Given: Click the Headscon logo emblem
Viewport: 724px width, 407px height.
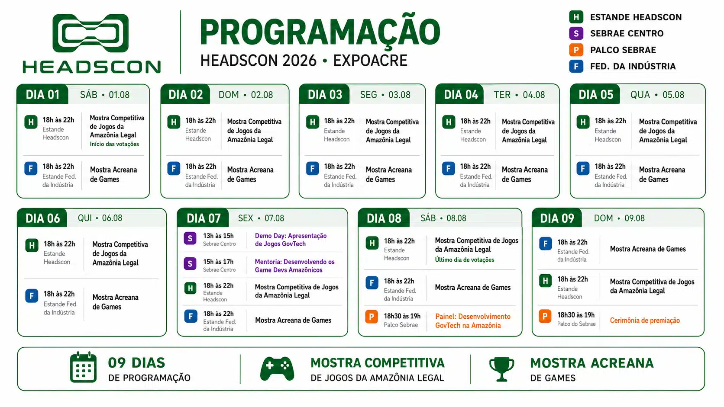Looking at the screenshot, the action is pyautogui.click(x=90, y=33).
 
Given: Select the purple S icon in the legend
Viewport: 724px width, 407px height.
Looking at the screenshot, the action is pyautogui.click(x=576, y=33).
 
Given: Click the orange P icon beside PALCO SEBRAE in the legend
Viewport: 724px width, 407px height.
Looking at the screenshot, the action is pyautogui.click(x=576, y=50).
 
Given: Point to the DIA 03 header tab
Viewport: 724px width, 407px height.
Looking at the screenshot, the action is pyautogui.click(x=324, y=95).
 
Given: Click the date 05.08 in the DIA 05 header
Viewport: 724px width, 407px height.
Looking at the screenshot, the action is pyautogui.click(x=673, y=95).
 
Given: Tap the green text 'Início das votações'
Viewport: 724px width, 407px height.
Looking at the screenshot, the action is pyautogui.click(x=114, y=144).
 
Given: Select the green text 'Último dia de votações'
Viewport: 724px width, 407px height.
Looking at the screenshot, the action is pyautogui.click(x=465, y=260).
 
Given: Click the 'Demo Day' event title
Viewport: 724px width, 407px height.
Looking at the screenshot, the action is pyautogui.click(x=291, y=240).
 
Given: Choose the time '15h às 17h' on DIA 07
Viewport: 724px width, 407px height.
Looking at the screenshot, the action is pyautogui.click(x=218, y=261).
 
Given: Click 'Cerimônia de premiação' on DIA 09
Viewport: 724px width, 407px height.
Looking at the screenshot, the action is pyautogui.click(x=645, y=320).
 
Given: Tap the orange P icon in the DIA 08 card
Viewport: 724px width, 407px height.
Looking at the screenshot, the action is pyautogui.click(x=372, y=317).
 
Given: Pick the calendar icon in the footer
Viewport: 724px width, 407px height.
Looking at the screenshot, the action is pyautogui.click(x=83, y=367).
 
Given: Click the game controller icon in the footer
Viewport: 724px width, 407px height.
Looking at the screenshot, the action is pyautogui.click(x=277, y=368).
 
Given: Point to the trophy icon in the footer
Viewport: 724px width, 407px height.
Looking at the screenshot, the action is pyautogui.click(x=501, y=369).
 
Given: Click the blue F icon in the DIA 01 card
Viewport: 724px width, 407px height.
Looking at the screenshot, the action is pyautogui.click(x=31, y=169).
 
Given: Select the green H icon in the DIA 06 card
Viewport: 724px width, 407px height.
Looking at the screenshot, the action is pyautogui.click(x=32, y=246).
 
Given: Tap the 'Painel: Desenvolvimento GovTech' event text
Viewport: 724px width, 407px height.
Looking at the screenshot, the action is pyautogui.click(x=473, y=321).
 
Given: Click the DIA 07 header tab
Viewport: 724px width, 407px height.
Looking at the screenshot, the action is pyautogui.click(x=204, y=218).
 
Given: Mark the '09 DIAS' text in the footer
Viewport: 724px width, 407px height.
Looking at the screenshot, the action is pyautogui.click(x=136, y=363).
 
